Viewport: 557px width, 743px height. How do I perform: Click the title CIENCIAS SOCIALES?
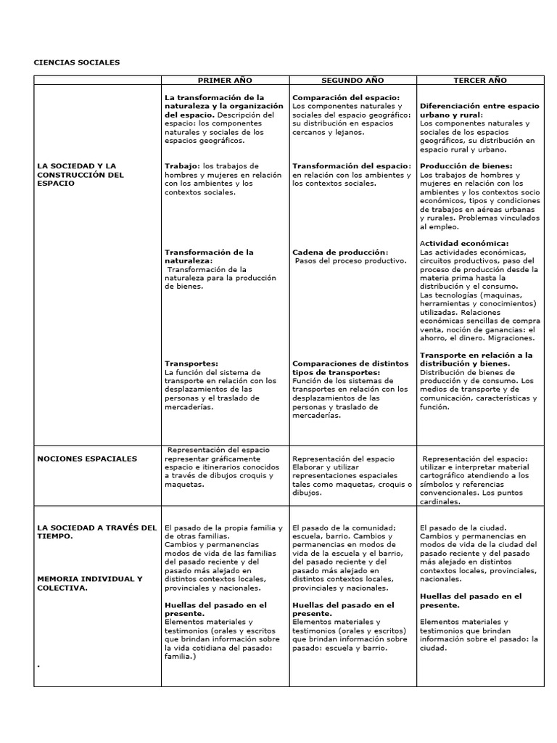coord(77,62)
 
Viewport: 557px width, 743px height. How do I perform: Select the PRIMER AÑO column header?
coord(224,81)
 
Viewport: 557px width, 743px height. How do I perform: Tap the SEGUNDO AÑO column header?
coord(352,81)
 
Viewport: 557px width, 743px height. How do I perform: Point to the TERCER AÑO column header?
coord(480,81)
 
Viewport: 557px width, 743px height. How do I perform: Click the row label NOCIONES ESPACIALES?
coord(87,459)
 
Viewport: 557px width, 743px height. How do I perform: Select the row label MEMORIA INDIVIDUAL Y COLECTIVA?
coord(89,583)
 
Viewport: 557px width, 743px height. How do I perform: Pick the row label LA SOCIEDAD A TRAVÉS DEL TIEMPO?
coord(96,532)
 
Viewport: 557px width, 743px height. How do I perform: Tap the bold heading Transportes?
coord(191,364)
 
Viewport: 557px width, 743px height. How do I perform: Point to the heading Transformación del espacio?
coord(352,166)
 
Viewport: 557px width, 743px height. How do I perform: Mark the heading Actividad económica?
coord(464,243)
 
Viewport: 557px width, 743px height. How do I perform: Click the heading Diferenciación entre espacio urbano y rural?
coord(479,110)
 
